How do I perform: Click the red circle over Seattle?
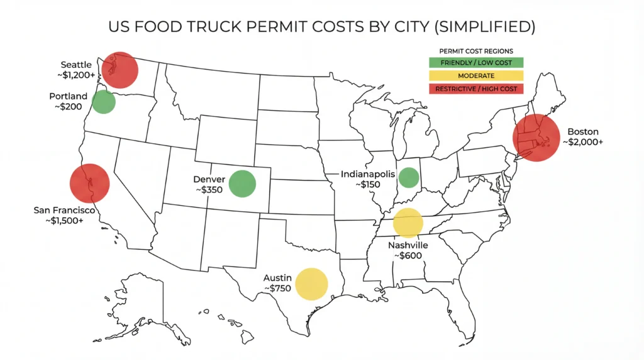coord(119,70)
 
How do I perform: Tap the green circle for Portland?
coord(104,102)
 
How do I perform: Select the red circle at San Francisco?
coord(90,183)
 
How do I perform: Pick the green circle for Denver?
coord(242,184)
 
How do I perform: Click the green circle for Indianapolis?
coord(409,177)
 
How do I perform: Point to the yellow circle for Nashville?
coord(408,222)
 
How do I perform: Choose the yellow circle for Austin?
coord(312,284)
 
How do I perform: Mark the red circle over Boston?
coord(536,138)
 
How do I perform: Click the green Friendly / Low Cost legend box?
coord(476,63)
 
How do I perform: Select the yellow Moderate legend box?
coord(476,76)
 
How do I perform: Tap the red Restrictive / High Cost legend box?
coord(476,89)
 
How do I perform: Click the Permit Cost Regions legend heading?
coord(476,51)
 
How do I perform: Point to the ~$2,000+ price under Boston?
coord(582,142)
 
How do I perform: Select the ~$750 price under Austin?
coord(277,288)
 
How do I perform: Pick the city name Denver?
coord(209,179)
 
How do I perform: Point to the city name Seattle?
coord(76,65)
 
